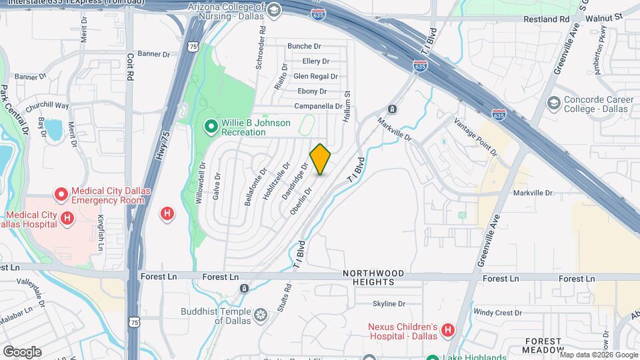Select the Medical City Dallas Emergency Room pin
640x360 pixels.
click(x=61, y=195)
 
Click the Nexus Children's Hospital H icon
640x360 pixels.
click(x=448, y=330)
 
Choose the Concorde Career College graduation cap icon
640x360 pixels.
click(x=553, y=103)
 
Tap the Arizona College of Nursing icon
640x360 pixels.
click(x=273, y=10)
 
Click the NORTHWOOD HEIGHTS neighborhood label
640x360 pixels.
click(x=373, y=277)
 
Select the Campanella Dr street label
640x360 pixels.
click(x=318, y=106)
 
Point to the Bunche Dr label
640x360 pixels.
click(x=304, y=46)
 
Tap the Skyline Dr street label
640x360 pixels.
click(x=389, y=304)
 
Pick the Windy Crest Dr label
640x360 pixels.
click(x=497, y=312)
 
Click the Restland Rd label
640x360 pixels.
click(x=546, y=19)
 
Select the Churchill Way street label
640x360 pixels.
click(x=47, y=105)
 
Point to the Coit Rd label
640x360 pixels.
click(x=130, y=66)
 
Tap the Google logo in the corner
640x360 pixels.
click(x=22, y=351)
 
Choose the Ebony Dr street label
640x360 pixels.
click(x=312, y=91)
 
